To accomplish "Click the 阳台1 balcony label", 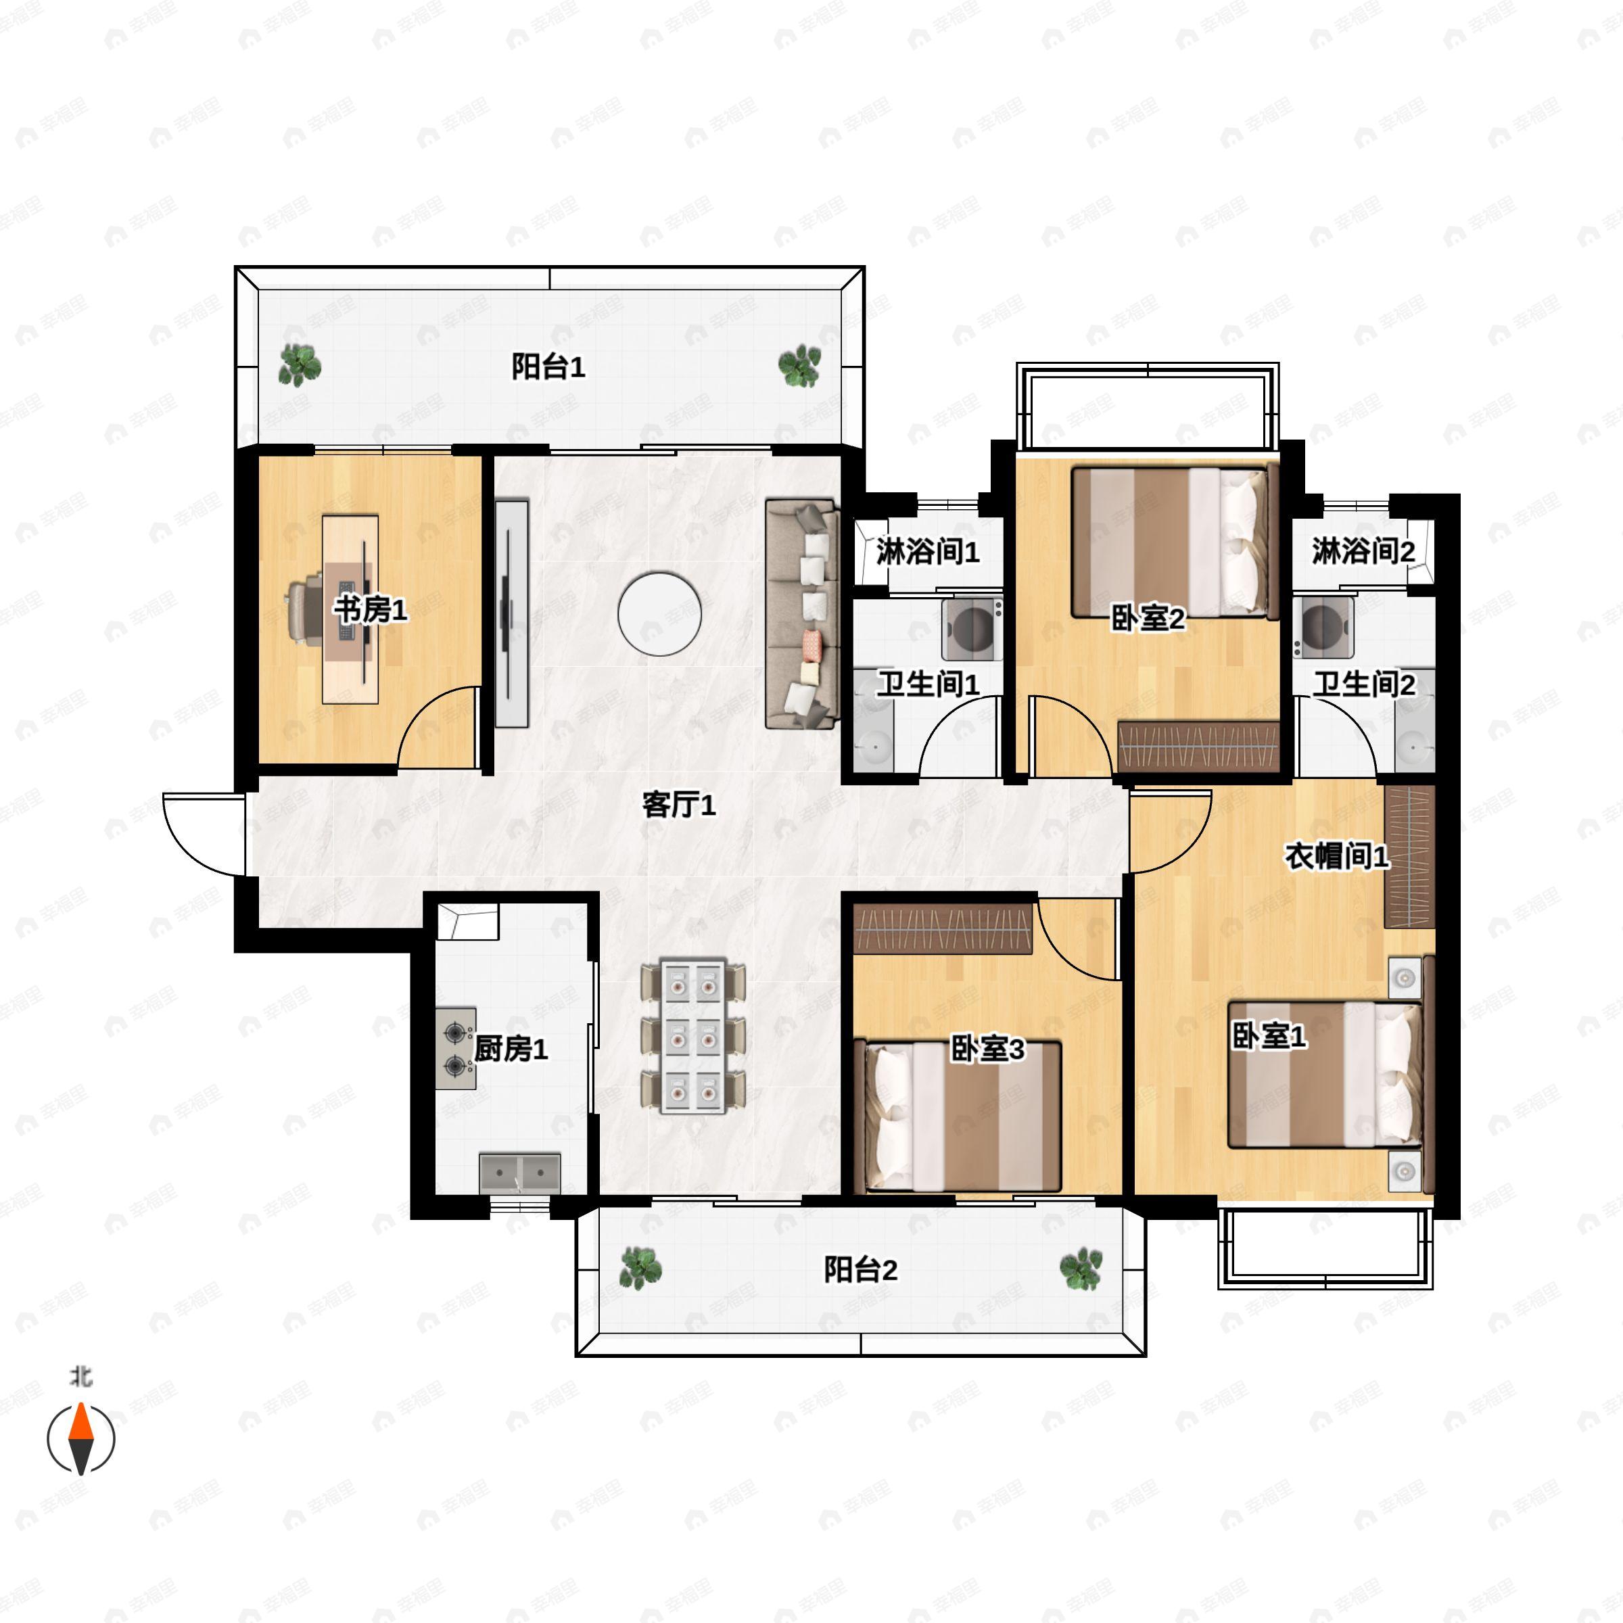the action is [548, 367].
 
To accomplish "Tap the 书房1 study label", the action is [371, 609].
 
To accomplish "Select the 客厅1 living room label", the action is [679, 805].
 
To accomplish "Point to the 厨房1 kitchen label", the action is [511, 1048].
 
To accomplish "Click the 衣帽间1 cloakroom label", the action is [1336, 856].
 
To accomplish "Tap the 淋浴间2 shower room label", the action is [1363, 551].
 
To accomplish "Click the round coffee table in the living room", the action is [659, 614].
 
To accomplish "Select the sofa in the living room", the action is [802, 614].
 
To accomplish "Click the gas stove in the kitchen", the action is [455, 1048].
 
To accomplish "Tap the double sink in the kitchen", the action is [520, 1173].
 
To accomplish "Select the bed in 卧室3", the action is [958, 1116].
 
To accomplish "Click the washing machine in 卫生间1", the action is [972, 628].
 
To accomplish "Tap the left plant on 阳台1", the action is [299, 365].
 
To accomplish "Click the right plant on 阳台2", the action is [1081, 1269].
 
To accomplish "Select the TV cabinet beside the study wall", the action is [512, 613].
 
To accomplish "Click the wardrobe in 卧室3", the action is [943, 928].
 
